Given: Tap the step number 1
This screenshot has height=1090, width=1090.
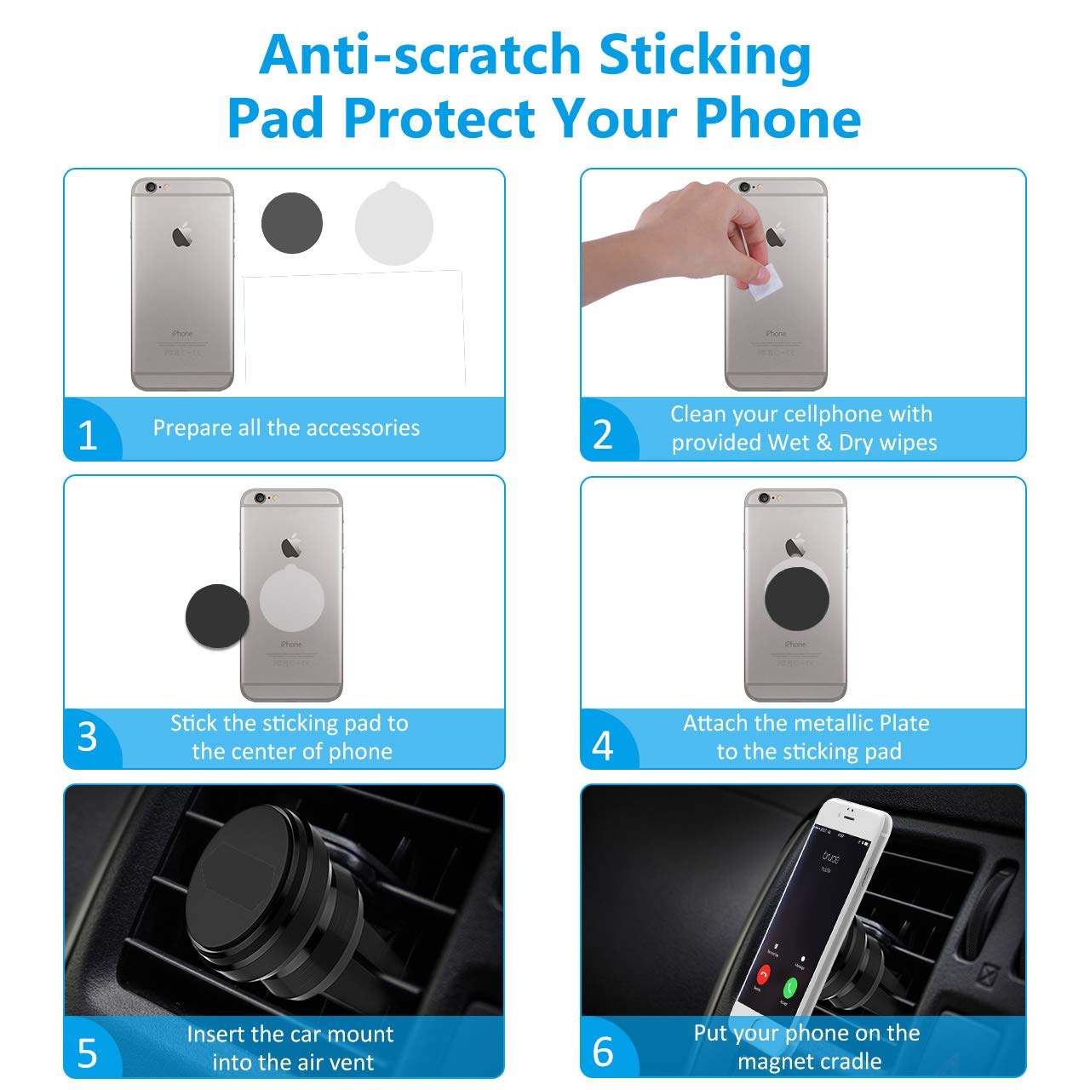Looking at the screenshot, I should [87, 435].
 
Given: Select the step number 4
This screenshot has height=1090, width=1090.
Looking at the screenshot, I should [603, 746].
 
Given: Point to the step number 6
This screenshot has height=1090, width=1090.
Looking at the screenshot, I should [603, 1052].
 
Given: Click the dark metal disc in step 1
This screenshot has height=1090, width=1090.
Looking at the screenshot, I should [292, 223].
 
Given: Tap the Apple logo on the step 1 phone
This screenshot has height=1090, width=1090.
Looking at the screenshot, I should [182, 236].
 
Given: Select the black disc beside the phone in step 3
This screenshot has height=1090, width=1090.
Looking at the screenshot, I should [217, 616].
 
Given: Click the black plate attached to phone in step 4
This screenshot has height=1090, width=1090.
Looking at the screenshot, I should [796, 599].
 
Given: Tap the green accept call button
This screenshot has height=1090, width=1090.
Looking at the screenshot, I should [790, 988].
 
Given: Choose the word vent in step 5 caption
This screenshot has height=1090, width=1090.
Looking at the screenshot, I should [353, 1062].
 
